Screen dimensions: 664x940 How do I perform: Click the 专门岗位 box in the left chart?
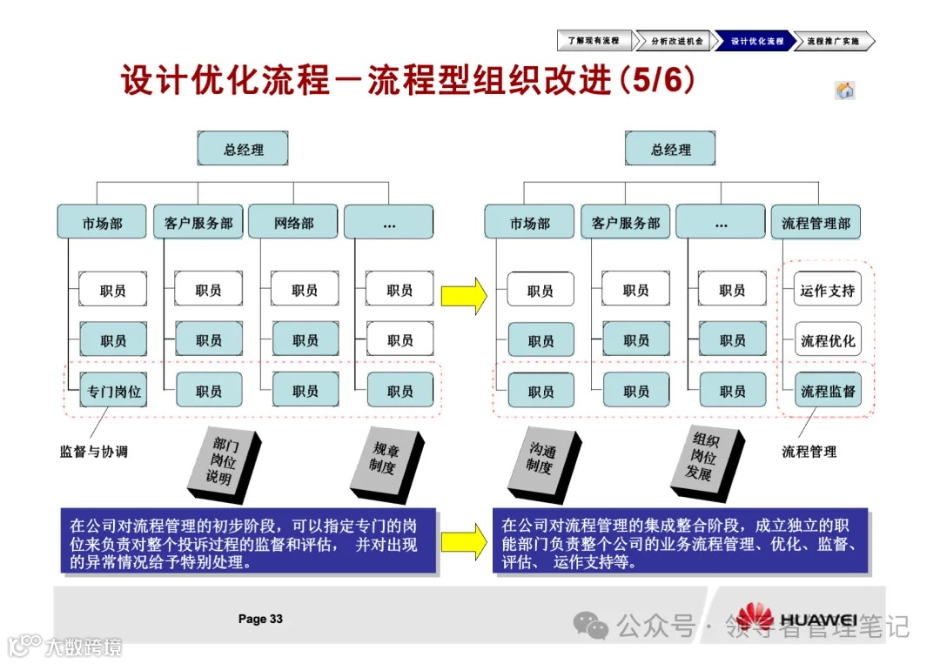pyautogui.click(x=113, y=391)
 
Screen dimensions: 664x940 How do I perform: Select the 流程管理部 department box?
pyautogui.click(x=816, y=223)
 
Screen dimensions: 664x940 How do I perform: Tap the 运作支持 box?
pyautogui.click(x=827, y=291)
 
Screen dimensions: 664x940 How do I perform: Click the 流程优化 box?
pyautogui.click(x=827, y=341)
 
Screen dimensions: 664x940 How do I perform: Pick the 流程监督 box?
pyautogui.click(x=827, y=391)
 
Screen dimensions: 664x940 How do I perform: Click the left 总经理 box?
pyautogui.click(x=243, y=150)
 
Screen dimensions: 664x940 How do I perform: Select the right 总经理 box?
pyautogui.click(x=670, y=150)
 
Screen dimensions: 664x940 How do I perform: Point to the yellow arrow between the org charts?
pyautogui.click(x=463, y=296)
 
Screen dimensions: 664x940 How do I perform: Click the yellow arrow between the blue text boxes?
pyautogui.click(x=463, y=540)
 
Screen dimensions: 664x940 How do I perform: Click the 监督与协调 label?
pyautogui.click(x=94, y=452)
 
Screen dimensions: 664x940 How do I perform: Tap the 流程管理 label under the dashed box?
pyautogui.click(x=809, y=452)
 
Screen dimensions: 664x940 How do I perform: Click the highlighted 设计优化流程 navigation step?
pyautogui.click(x=755, y=41)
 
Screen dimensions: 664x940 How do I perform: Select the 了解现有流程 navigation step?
pyautogui.click(x=594, y=41)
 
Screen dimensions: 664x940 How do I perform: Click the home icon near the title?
pyautogui.click(x=844, y=91)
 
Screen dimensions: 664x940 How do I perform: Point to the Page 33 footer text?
pyautogui.click(x=260, y=619)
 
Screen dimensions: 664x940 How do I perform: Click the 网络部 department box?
pyautogui.click(x=293, y=223)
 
